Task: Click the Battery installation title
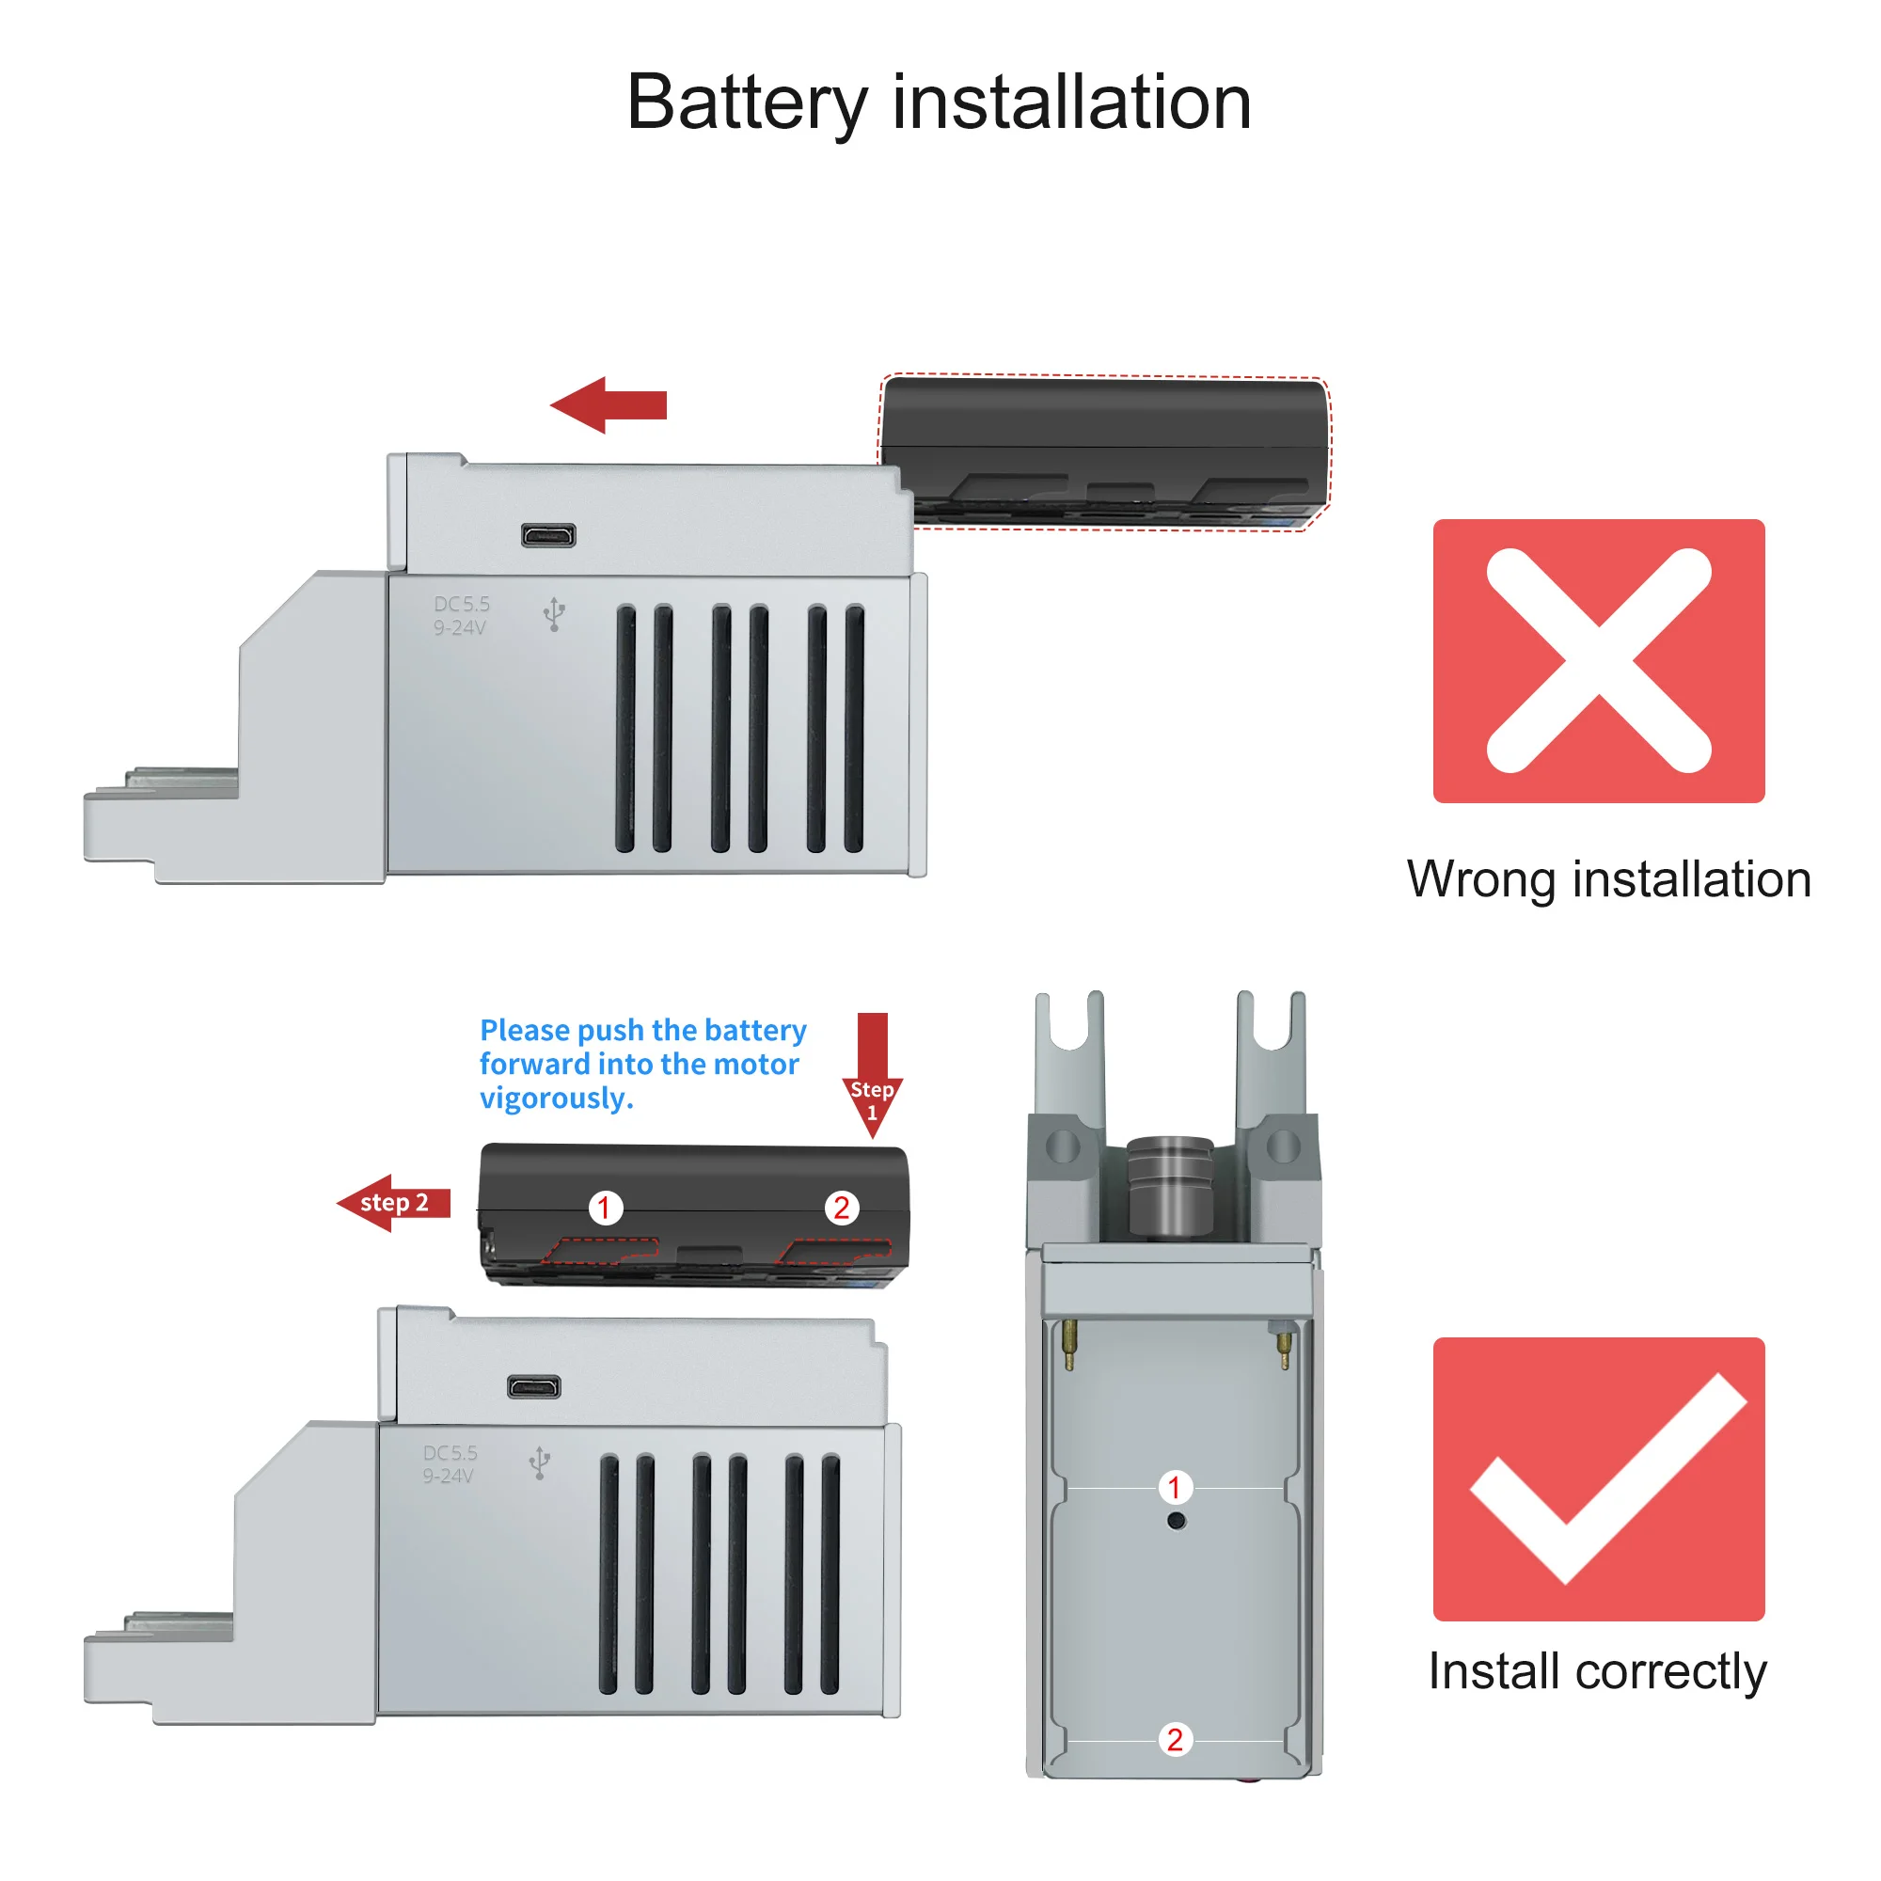pos(939,103)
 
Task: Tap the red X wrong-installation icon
pos(1598,660)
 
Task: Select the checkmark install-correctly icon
pos(1598,1478)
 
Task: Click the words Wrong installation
pos(1608,879)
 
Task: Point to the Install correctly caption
pos(1597,1670)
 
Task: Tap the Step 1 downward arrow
pos(873,1075)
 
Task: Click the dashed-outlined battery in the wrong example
pos(1104,450)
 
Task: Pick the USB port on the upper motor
pos(548,535)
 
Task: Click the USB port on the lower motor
pos(533,1386)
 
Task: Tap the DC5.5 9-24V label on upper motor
pos(462,615)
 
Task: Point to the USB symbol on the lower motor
pos(539,1462)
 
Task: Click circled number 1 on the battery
pos(605,1209)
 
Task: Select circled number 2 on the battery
pos(841,1209)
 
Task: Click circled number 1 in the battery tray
pos(1175,1487)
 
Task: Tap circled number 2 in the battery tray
pos(1175,1739)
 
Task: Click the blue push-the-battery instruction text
pos(642,1063)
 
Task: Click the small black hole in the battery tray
pos(1177,1521)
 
